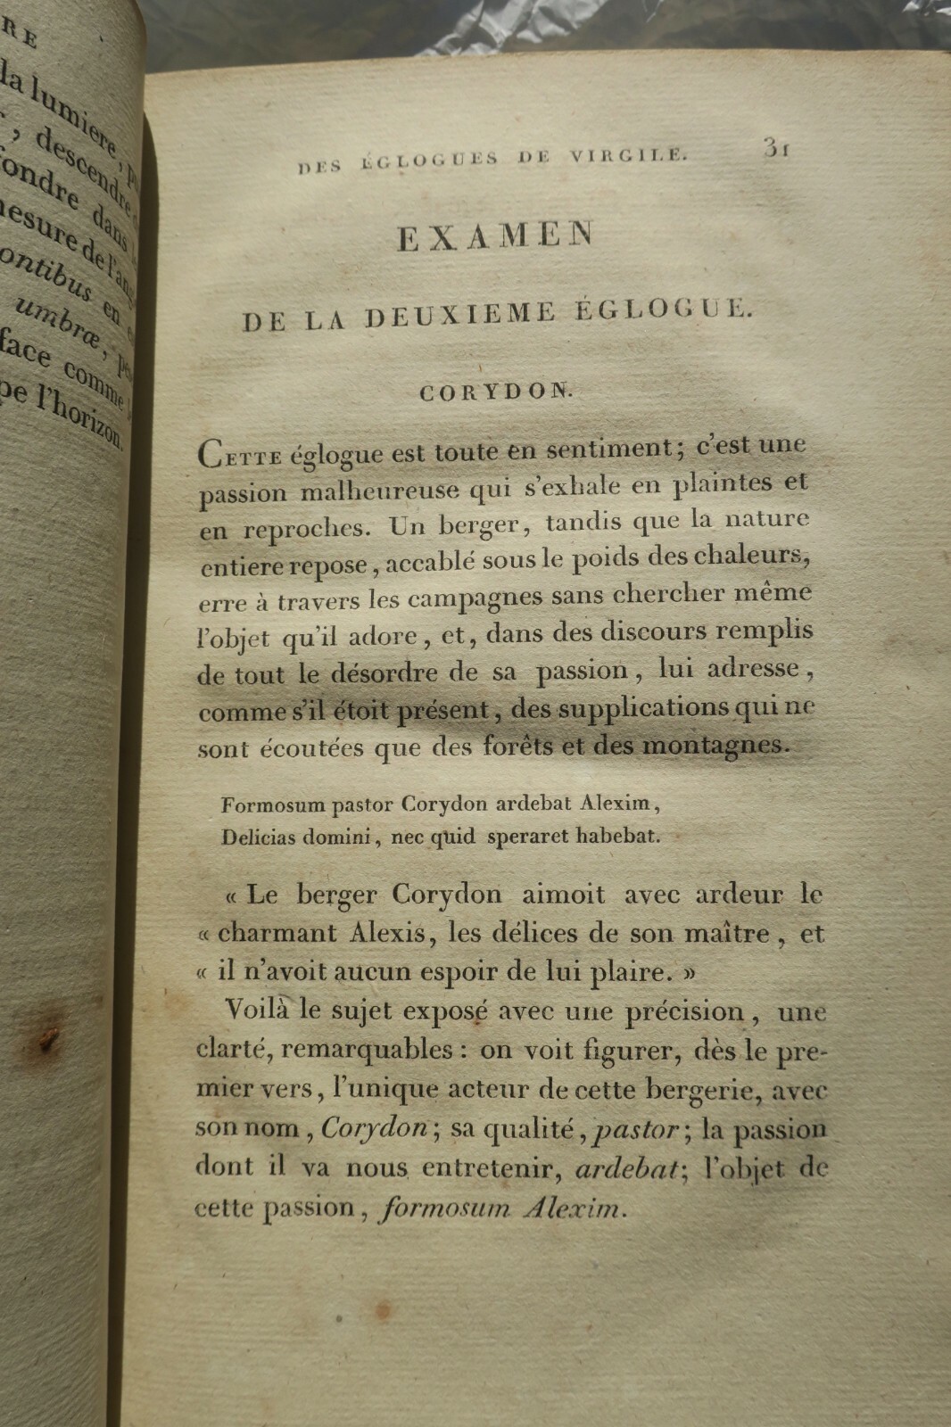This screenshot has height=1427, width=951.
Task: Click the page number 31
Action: [775, 149]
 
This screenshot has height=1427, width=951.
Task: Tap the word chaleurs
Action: [748, 556]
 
